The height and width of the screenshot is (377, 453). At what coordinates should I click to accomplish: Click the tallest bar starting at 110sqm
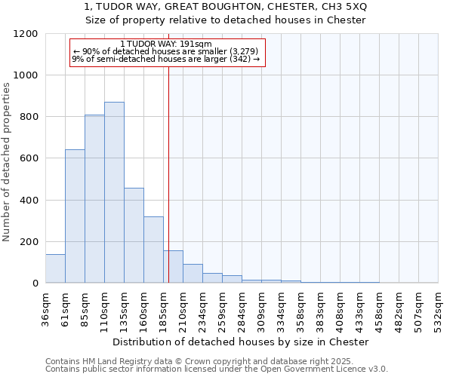pyautogui.click(x=114, y=192)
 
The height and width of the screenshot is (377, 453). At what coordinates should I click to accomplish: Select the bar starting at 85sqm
pyautogui.click(x=94, y=199)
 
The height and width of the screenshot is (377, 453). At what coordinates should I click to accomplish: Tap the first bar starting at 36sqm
pyautogui.click(x=55, y=268)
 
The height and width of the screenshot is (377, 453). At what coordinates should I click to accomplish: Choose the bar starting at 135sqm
pyautogui.click(x=134, y=235)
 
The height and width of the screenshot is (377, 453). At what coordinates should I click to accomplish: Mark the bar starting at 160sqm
pyautogui.click(x=153, y=250)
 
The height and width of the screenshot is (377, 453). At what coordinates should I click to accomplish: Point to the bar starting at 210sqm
pyautogui.click(x=193, y=274)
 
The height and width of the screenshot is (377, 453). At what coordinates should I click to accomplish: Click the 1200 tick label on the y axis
pyautogui.click(x=26, y=34)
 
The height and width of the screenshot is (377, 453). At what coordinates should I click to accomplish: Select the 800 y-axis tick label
pyautogui.click(x=29, y=117)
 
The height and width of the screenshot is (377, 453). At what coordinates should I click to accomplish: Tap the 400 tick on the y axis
pyautogui.click(x=29, y=200)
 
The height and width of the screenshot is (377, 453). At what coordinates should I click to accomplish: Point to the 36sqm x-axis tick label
pyautogui.click(x=45, y=307)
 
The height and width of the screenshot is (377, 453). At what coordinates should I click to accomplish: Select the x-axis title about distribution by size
pyautogui.click(x=242, y=342)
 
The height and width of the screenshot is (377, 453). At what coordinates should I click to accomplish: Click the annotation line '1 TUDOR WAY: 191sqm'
pyautogui.click(x=166, y=44)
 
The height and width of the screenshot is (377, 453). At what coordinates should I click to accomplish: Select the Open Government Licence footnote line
pyautogui.click(x=216, y=369)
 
